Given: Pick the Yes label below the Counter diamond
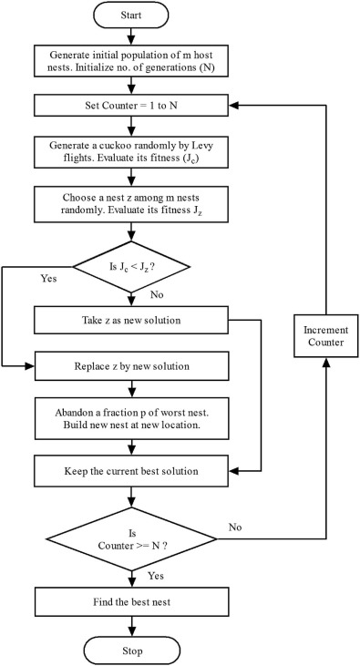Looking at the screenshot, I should pos(156,576).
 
